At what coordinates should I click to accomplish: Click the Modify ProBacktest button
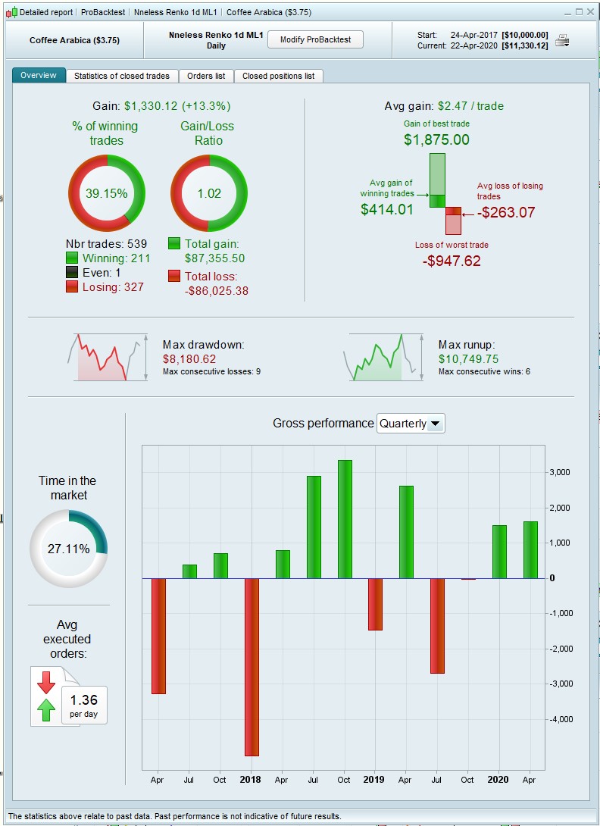(315, 39)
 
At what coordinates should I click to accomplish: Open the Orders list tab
(206, 76)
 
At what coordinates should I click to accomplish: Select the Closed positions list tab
(278, 76)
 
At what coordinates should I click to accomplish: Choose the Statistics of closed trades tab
(123, 76)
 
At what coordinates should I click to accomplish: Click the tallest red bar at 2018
(251, 667)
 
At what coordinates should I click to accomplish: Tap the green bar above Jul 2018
(314, 527)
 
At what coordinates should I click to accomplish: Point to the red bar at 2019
(375, 604)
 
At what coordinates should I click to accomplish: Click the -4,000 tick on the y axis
(561, 719)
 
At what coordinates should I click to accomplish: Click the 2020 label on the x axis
(498, 780)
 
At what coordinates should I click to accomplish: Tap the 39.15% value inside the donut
(106, 193)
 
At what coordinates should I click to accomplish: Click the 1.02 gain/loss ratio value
(209, 193)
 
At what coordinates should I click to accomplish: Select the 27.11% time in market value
(68, 549)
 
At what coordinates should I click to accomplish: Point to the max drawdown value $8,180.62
(189, 359)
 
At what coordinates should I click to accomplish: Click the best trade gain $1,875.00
(436, 139)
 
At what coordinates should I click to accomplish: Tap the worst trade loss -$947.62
(452, 261)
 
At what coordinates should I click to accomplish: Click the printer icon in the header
(561, 40)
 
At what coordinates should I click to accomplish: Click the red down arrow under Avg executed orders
(46, 682)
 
